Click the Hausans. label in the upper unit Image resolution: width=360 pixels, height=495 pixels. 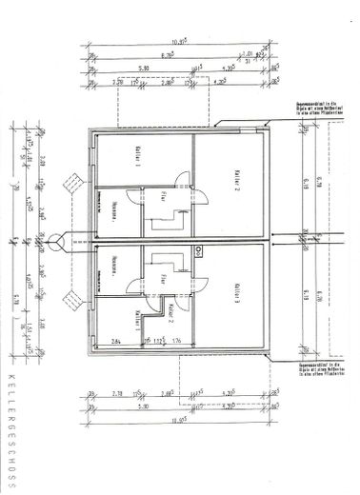pos(114,207)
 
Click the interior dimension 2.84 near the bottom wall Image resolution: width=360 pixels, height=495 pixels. pos(116,340)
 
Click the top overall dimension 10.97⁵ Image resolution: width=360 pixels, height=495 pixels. pos(178,42)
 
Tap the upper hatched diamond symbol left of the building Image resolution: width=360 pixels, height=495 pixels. pos(70,179)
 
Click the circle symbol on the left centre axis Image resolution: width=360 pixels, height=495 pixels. pos(59,238)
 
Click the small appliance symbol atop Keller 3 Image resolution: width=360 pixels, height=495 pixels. pos(198,251)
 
